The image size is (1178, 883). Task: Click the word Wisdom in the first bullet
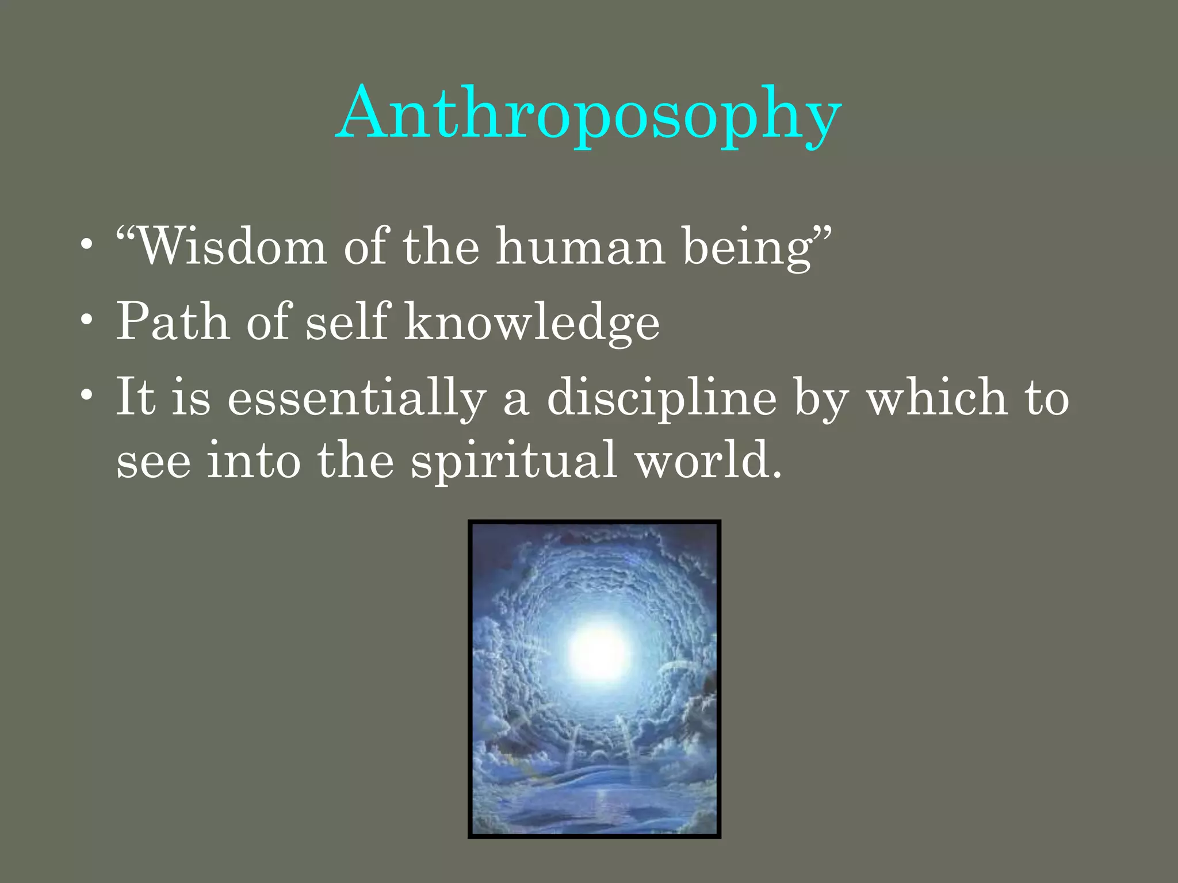pyautogui.click(x=230, y=247)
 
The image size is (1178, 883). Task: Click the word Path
pyautogui.click(x=173, y=322)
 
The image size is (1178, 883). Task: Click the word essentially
pyautogui.click(x=357, y=398)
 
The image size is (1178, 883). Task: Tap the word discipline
pyautogui.click(x=661, y=398)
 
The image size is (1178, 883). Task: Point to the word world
pyautogui.click(x=707, y=460)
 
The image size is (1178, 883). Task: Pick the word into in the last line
pyautogui.click(x=254, y=460)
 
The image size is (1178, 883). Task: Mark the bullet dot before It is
pyautogui.click(x=86, y=396)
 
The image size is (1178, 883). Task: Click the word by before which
pyautogui.click(x=821, y=398)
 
